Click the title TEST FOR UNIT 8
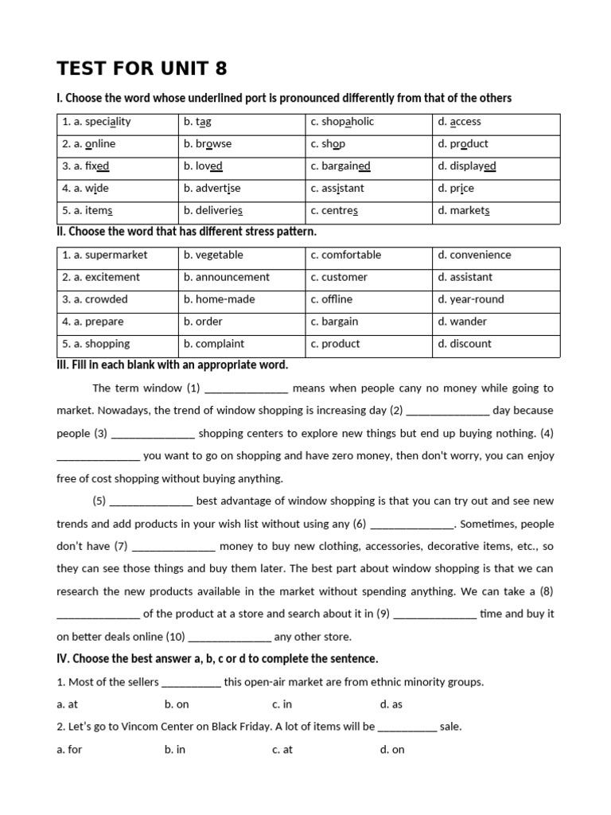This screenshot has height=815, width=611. [x=142, y=68]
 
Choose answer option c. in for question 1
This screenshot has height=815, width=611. [x=282, y=704]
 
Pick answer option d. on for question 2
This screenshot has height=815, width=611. [x=392, y=750]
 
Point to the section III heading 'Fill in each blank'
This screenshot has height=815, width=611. [x=172, y=365]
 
